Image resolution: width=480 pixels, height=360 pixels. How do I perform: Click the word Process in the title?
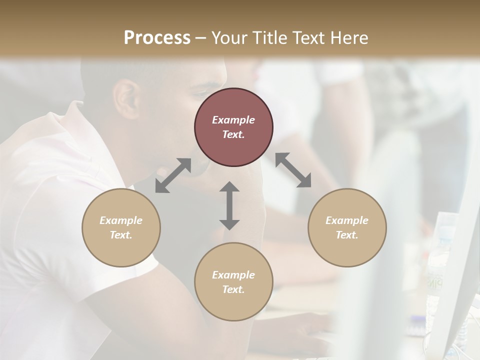pos(157,37)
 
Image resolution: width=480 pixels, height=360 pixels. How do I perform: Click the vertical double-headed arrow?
pos(229,205)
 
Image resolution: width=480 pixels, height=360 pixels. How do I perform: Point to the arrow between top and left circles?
pos(173,175)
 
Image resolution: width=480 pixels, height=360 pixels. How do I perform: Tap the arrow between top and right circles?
pos(293,170)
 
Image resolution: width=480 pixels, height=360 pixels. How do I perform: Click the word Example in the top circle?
pos(233,120)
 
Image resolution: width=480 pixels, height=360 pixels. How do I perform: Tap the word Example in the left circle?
pos(121,220)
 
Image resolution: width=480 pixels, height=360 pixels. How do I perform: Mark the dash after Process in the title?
pos(201,38)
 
